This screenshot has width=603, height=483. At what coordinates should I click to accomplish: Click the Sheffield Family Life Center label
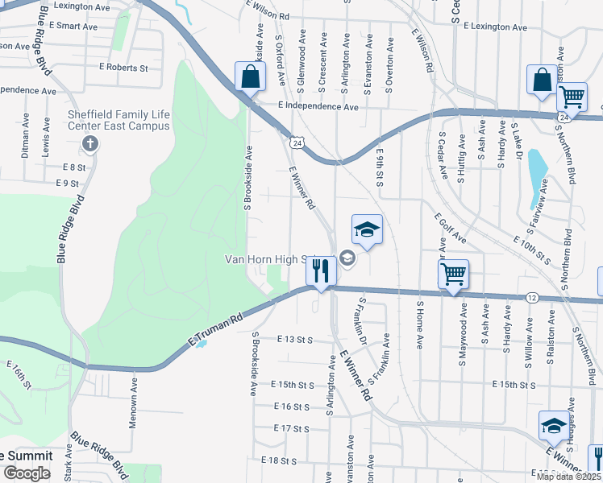[119, 119]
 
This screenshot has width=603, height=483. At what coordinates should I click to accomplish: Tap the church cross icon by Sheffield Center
[90, 145]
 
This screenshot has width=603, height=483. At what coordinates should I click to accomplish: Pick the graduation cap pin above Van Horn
[366, 230]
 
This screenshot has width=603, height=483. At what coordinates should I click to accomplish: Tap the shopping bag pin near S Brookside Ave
[250, 78]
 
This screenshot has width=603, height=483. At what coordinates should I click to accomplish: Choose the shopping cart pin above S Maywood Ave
[453, 275]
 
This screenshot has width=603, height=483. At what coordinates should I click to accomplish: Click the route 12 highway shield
[532, 298]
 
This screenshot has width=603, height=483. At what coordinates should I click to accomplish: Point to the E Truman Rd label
[215, 330]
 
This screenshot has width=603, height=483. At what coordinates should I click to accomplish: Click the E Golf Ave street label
[450, 229]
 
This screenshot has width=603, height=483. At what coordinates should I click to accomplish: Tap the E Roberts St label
[123, 68]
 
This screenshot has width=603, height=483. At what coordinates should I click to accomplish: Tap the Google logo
[27, 473]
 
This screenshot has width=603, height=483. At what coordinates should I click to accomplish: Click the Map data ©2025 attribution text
[568, 477]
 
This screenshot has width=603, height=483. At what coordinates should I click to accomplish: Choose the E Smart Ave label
[73, 26]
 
